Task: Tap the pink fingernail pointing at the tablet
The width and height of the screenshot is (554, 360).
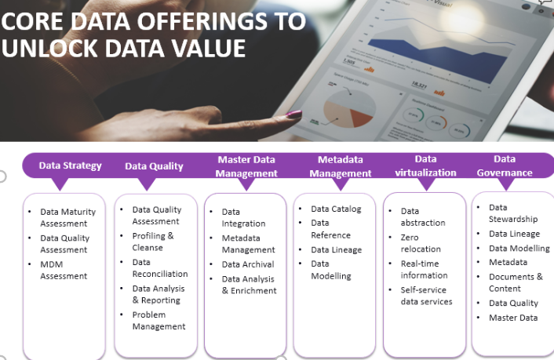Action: coord(293,115)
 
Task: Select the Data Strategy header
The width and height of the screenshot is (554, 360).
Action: coord(71,165)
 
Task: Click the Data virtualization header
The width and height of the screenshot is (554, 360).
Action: coord(426,165)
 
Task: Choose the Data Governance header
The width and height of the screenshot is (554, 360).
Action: coord(505,165)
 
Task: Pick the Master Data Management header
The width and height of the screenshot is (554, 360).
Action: coord(246,166)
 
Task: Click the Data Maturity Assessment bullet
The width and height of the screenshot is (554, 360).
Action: coord(64,217)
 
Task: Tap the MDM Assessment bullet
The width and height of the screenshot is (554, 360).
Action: coord(64,269)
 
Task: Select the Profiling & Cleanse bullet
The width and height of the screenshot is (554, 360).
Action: coord(153,242)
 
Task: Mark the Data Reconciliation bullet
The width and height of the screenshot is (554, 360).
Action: coord(159,267)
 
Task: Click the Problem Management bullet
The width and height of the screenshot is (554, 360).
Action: coord(159,320)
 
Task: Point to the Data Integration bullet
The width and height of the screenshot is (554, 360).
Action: coord(243,217)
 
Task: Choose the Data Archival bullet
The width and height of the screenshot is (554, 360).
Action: coord(247,264)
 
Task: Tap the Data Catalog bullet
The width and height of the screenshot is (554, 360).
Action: coord(336,209)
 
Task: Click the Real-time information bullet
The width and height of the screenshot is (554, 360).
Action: coord(424,269)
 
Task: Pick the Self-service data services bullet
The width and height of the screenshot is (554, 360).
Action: coord(426,296)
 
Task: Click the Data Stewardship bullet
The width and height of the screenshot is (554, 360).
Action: coord(513,213)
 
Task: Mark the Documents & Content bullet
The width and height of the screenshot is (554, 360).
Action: coord(516,282)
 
